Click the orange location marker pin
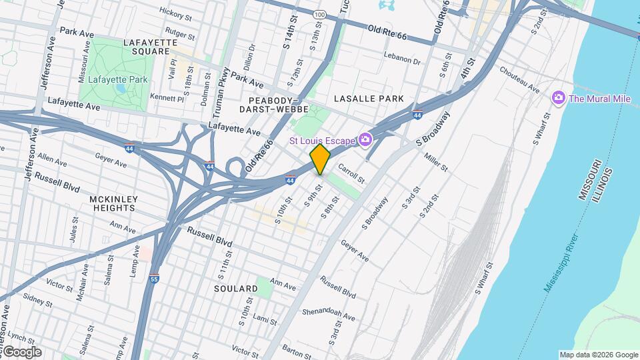click(x=320, y=159)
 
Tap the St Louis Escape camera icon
click(x=365, y=139)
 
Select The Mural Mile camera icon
click(x=558, y=99)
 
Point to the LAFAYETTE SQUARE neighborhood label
click(x=151, y=47)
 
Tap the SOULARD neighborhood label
click(x=236, y=289)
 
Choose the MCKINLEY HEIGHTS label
click(x=114, y=203)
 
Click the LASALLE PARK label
click(x=369, y=99)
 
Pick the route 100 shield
click(x=319, y=14)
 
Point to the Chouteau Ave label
click(x=519, y=79)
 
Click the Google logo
click(x=21, y=352)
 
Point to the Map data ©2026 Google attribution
click(x=598, y=355)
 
